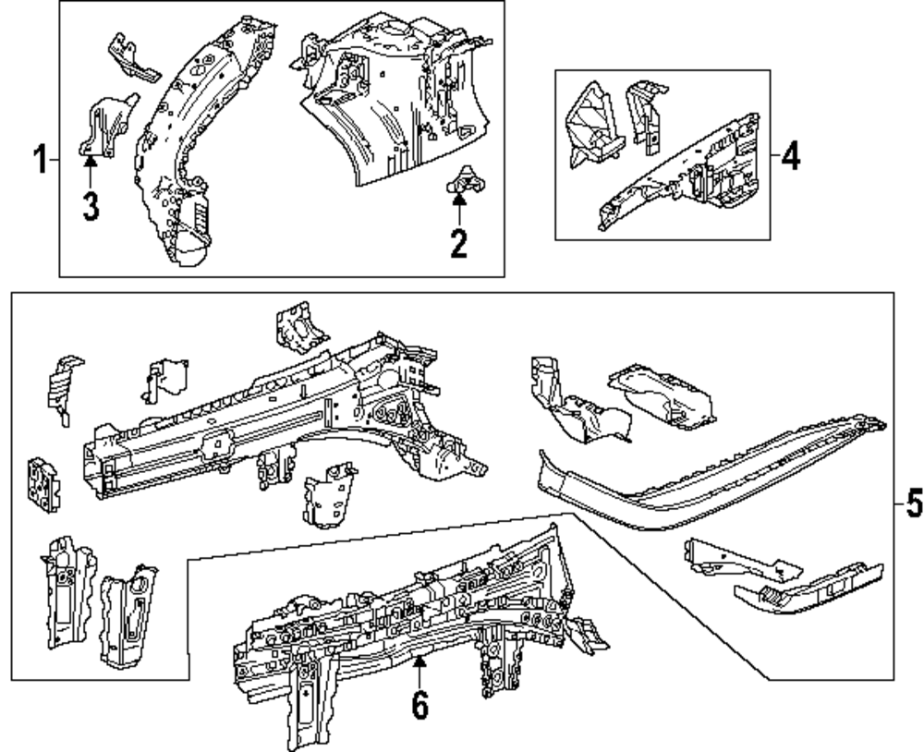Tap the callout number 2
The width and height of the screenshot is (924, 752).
[458, 243]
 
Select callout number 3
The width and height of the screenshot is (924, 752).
[89, 205]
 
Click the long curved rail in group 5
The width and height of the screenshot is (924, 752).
[702, 471]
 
